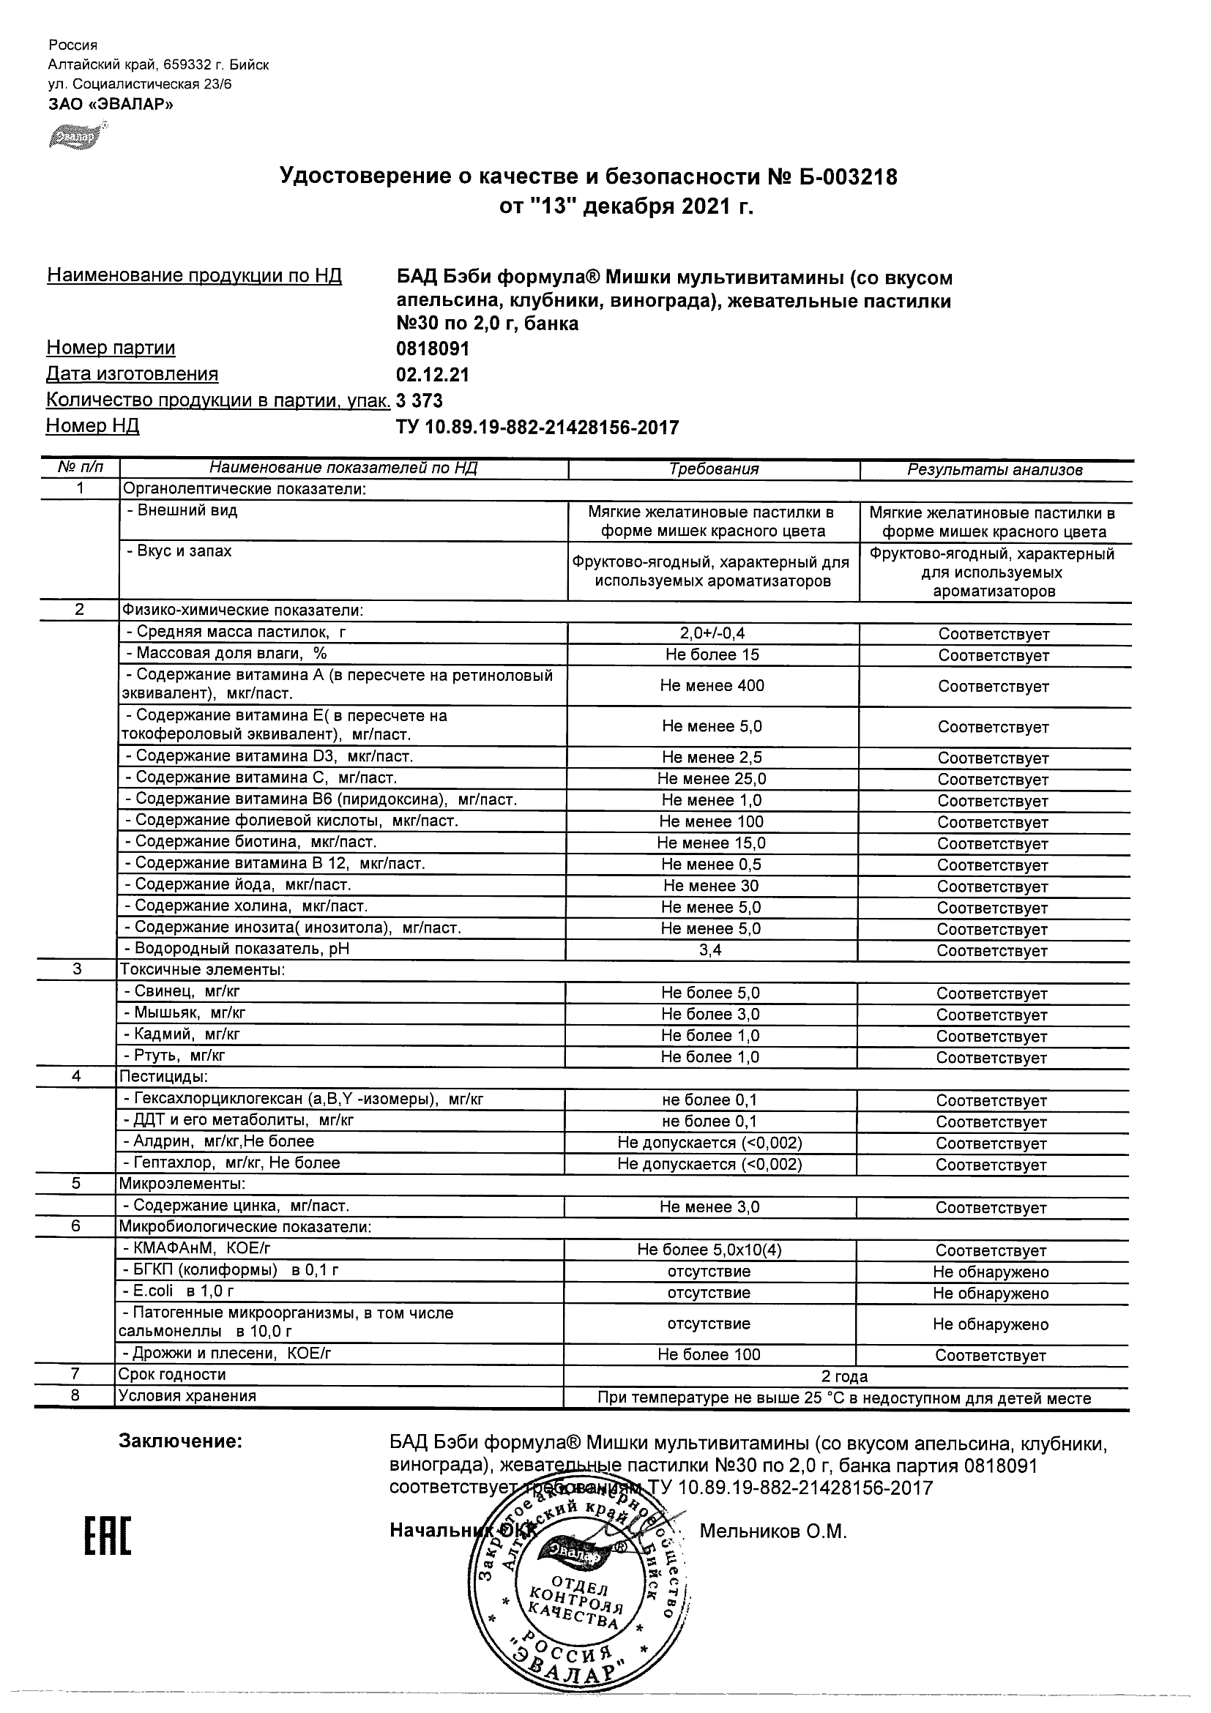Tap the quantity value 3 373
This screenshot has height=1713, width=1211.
point(420,401)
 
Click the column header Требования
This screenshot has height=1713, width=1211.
point(713,469)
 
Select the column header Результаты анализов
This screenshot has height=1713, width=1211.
point(994,470)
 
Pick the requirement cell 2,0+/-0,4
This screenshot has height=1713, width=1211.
point(712,633)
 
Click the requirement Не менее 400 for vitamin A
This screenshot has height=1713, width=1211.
point(712,686)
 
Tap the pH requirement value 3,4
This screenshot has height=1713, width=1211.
point(710,950)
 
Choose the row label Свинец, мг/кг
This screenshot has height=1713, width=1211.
point(182,991)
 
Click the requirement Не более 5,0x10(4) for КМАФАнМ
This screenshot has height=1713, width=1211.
point(709,1250)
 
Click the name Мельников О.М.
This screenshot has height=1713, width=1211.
point(773,1531)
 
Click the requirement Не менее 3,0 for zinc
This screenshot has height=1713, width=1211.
point(709,1207)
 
